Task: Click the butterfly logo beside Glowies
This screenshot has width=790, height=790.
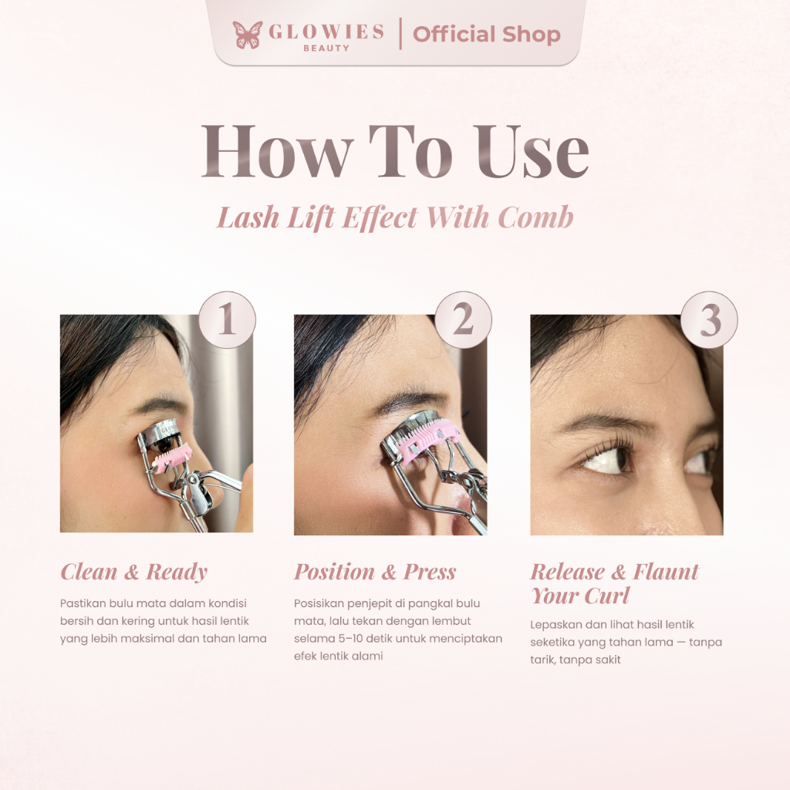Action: pos(248,35)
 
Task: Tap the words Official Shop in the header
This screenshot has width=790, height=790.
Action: pos(486,34)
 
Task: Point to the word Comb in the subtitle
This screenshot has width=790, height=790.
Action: pos(535,217)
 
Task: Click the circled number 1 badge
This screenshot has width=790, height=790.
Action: pos(227,320)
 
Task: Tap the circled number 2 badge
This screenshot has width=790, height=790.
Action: pos(463,320)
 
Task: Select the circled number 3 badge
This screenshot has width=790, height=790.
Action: pos(710,320)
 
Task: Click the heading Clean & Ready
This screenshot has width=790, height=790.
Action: pos(134,572)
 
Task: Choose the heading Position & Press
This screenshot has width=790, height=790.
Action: pos(375,572)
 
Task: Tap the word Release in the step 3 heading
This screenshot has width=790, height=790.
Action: pos(567,572)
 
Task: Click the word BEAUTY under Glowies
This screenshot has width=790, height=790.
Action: pos(326,49)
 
